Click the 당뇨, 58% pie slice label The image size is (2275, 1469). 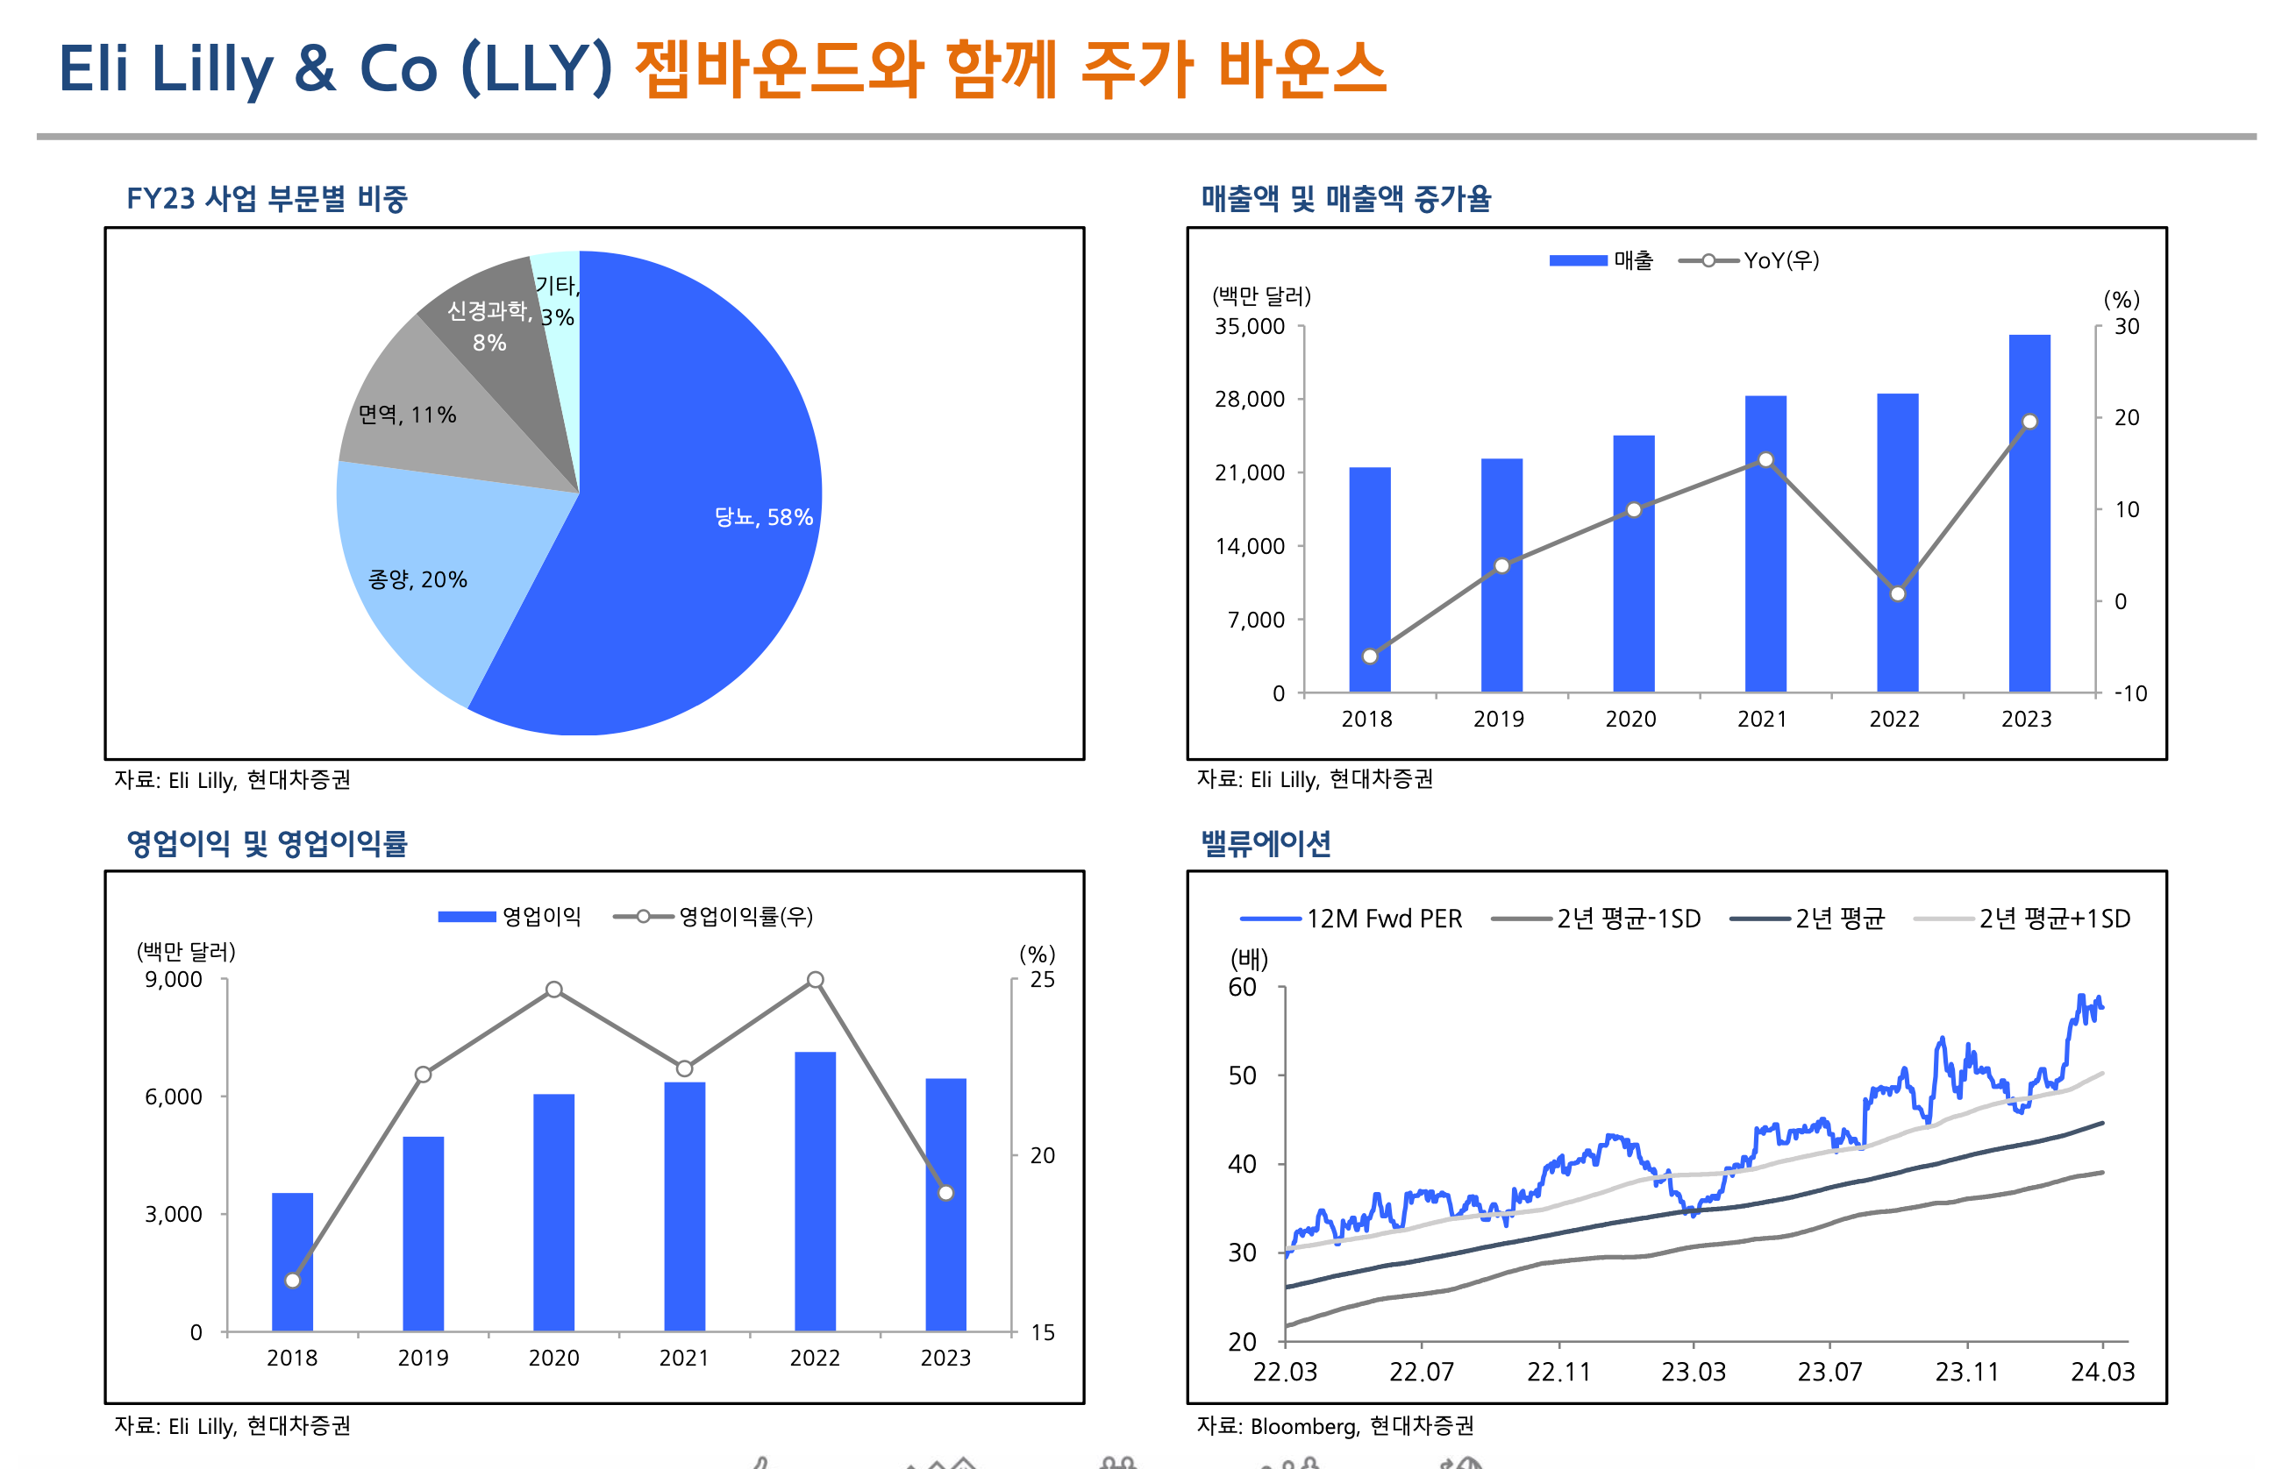(x=762, y=517)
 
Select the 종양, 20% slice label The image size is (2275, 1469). (x=417, y=580)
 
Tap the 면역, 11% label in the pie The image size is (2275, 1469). (x=407, y=415)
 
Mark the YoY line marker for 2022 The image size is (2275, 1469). (x=1897, y=593)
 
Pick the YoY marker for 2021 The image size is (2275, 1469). (x=1765, y=460)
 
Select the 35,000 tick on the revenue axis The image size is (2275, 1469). (x=1249, y=327)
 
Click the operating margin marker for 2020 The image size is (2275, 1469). (x=553, y=990)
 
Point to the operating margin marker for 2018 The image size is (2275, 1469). (x=293, y=1281)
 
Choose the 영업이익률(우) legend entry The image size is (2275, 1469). (x=714, y=917)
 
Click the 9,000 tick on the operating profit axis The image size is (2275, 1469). (x=174, y=980)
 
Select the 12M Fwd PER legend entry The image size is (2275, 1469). (x=1351, y=919)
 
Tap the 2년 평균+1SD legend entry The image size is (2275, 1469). (x=2022, y=919)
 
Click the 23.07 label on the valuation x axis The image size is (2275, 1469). (x=1829, y=1372)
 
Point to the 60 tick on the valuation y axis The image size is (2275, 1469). (x=1242, y=987)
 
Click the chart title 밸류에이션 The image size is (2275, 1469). (x=1266, y=843)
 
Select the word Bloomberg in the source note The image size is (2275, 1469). (x=1303, y=1426)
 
